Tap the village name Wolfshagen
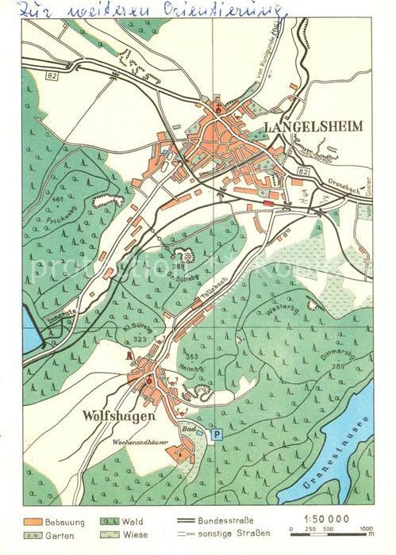119,415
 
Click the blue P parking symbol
217,434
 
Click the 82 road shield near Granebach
302,171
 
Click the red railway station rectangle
269,204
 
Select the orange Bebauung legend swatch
33,522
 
